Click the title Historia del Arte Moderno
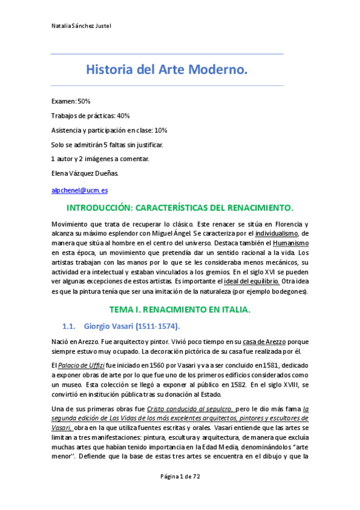[166, 71]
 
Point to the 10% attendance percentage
[160, 130]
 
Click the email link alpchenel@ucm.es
[79, 190]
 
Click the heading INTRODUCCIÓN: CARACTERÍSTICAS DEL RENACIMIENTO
[180, 208]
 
